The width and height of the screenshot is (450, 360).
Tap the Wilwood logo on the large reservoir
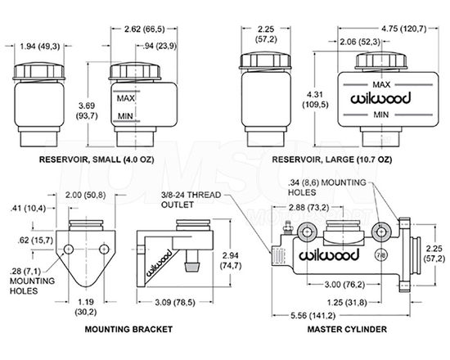[x=381, y=99]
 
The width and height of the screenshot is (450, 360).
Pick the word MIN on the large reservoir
[x=381, y=115]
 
